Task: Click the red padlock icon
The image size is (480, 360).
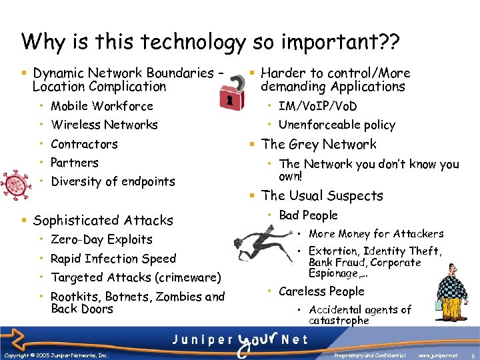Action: click(231, 91)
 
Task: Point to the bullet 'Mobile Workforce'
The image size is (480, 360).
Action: click(102, 106)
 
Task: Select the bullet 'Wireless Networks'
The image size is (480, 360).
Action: click(104, 125)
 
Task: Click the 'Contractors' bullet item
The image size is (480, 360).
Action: click(84, 144)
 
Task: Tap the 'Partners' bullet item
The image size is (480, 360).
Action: click(75, 163)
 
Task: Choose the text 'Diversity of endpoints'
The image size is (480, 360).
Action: click(113, 181)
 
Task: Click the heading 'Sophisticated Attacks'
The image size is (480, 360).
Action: click(103, 220)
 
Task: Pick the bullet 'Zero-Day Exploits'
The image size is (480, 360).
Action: click(101, 239)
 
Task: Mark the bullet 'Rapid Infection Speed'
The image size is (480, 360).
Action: click(113, 259)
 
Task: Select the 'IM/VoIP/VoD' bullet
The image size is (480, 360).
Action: click(317, 106)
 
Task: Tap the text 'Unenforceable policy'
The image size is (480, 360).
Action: click(337, 125)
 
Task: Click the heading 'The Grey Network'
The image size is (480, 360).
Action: click(319, 144)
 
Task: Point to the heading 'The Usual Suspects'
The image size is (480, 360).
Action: click(322, 195)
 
